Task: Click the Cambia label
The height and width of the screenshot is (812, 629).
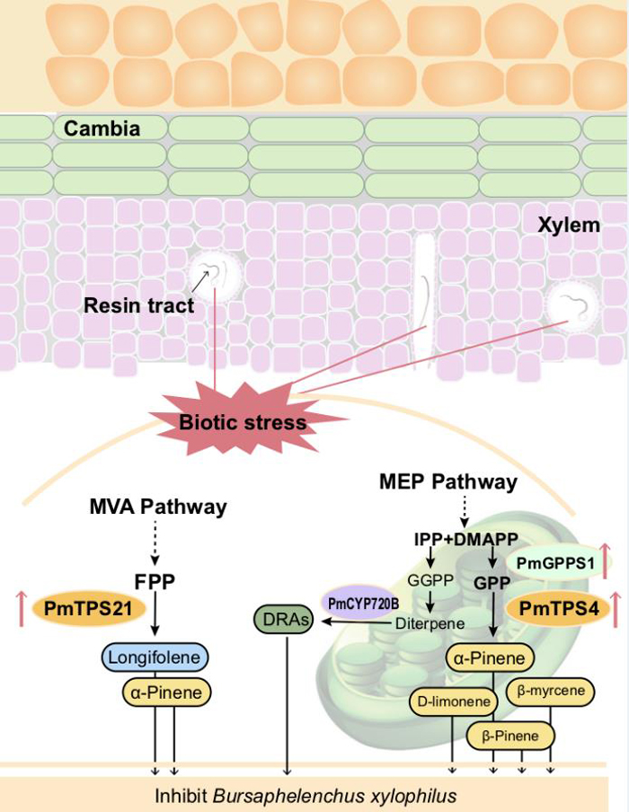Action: pos(102,128)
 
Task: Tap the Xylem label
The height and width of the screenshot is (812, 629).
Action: pos(569,225)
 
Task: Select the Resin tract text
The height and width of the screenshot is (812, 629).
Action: pos(139,305)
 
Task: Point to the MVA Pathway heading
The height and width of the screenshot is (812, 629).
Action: pos(158,507)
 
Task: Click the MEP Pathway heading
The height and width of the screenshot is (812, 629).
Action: pos(448,481)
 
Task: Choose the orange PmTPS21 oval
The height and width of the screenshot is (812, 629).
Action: pos(88,608)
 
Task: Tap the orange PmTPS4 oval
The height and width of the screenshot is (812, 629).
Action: pos(559,608)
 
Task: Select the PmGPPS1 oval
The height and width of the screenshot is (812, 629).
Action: pos(555,562)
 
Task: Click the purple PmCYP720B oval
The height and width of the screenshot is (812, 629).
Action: pos(363,604)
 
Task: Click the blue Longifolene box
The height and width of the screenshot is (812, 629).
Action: pos(155,658)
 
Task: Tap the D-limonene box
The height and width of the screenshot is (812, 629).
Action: pos(454,702)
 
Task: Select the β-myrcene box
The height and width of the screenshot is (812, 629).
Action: pos(551,691)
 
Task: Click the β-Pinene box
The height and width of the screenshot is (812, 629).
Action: pos(509,736)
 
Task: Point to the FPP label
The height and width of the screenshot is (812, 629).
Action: pos(155,581)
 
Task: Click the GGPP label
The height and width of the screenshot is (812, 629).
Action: pos(430,580)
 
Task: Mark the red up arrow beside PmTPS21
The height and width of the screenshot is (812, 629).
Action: pos(22,608)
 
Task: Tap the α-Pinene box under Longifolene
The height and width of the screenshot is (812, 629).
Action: pos(166,693)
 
